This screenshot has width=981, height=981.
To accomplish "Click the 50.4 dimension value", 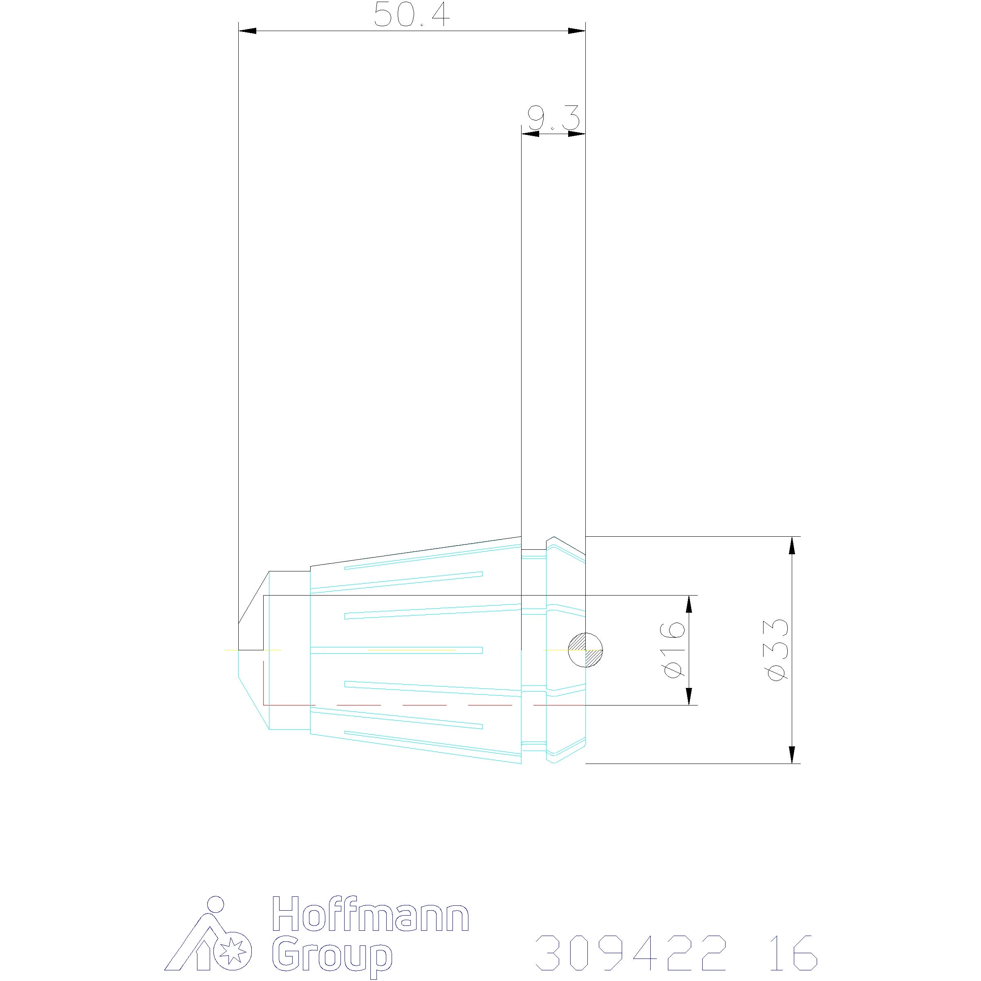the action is coord(412,15).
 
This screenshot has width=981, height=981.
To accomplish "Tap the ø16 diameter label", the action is coord(675,650).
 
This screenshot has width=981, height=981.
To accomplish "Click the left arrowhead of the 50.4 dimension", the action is coord(247,31).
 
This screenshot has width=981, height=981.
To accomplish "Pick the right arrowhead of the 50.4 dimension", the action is coord(577,31).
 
